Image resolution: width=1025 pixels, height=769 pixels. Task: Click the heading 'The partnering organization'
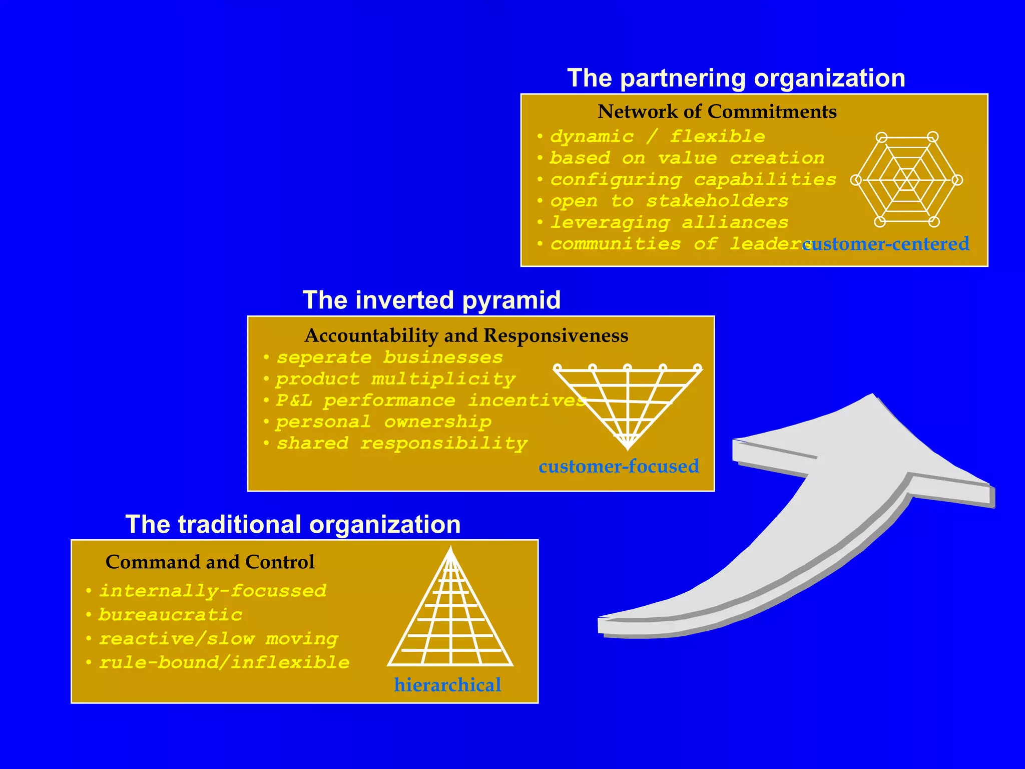[x=736, y=79]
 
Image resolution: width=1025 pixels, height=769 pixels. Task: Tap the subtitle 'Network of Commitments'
[x=717, y=112]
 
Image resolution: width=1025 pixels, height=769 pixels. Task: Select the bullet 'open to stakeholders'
[x=669, y=201]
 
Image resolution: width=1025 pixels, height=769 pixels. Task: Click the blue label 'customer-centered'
[x=886, y=244]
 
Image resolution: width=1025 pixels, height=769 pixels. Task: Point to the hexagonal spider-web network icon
[x=906, y=179]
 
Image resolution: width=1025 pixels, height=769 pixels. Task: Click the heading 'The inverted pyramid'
[x=431, y=300]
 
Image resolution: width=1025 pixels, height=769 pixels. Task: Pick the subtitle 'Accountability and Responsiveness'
[x=466, y=335]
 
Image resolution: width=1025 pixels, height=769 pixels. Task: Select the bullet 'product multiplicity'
[x=395, y=379]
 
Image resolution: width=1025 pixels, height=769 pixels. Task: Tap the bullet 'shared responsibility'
[x=401, y=444]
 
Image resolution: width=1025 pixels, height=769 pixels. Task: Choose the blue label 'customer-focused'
[x=619, y=466]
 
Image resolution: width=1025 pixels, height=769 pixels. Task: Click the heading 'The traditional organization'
[x=293, y=525]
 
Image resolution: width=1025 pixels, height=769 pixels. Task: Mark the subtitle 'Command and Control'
[x=210, y=562]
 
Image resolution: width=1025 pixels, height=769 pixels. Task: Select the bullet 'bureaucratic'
[x=170, y=615]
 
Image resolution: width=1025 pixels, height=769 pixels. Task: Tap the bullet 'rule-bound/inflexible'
[x=224, y=663]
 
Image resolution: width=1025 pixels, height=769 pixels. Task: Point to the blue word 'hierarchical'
[x=447, y=685]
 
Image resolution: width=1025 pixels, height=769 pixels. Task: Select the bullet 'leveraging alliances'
[x=669, y=223]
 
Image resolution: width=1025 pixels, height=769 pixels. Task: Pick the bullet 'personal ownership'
[x=383, y=422]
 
